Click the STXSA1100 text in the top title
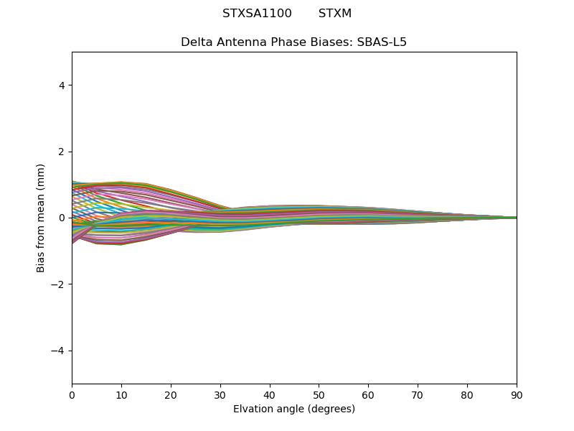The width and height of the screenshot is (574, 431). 257,14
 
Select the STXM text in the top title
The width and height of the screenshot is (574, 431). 335,14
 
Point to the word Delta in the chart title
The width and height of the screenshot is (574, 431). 196,42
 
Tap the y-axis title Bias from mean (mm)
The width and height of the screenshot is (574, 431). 42,218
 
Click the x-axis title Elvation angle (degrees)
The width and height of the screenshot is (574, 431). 294,409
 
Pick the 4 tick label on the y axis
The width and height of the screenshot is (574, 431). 62,85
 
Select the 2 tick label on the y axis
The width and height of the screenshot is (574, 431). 62,152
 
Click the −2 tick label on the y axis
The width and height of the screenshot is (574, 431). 59,284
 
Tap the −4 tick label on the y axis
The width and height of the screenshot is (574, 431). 59,351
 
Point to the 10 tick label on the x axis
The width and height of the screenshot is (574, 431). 121,394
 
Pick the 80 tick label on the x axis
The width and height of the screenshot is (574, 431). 467,394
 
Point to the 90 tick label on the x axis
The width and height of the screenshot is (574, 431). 517,394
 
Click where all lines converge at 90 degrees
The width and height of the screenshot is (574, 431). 516,218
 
